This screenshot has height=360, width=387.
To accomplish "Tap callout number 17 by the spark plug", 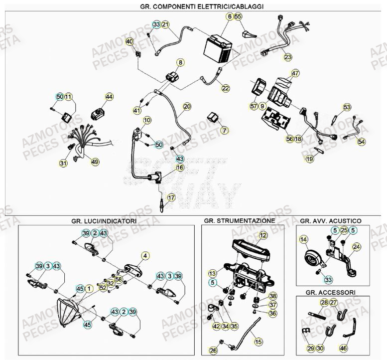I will (171, 198).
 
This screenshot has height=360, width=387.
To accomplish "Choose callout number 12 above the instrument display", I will (263, 234).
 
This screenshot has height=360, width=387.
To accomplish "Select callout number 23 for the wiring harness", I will (288, 57).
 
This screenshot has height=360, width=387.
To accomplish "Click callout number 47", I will (295, 74).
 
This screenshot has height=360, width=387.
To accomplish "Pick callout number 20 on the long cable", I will (187, 106).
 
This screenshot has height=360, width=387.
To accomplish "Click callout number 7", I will (224, 130).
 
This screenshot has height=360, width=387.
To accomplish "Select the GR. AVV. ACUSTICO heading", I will (331, 220).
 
